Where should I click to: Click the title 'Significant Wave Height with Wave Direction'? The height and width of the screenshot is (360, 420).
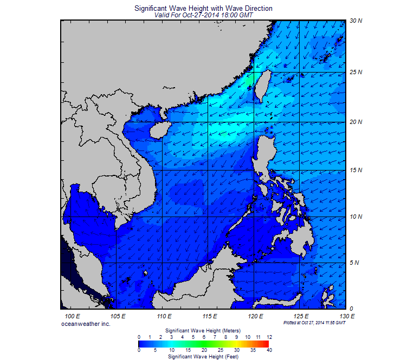(203, 9)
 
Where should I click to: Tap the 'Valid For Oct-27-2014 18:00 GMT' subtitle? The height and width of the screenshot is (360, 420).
(203, 16)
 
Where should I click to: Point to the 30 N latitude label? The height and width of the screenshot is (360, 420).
(356, 21)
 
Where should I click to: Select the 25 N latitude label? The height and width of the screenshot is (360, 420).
(356, 72)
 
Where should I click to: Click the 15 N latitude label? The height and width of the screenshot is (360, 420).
(356, 171)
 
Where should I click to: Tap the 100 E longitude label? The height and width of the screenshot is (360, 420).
(72, 316)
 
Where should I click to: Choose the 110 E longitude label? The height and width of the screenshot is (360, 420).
(164, 316)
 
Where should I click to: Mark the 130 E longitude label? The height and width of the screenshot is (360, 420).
(347, 316)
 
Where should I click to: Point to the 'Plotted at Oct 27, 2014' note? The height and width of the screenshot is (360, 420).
(314, 323)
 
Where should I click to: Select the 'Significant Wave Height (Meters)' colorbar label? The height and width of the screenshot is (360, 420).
(203, 330)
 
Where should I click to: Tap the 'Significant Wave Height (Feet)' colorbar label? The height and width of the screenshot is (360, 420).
(203, 357)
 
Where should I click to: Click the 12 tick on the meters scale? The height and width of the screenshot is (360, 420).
(269, 337)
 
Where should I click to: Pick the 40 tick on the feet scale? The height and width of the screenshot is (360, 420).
(269, 350)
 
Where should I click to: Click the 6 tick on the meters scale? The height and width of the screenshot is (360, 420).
(204, 337)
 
